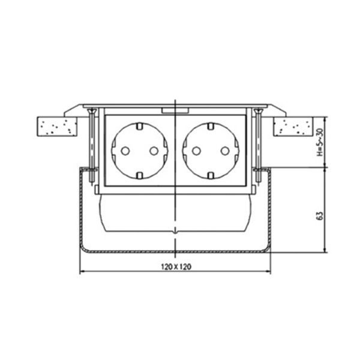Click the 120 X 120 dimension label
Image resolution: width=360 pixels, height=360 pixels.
(x=176, y=266)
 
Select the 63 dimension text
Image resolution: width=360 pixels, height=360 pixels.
(x=320, y=216)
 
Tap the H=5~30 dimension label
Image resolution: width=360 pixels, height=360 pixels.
(x=320, y=142)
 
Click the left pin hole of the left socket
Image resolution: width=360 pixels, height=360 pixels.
(x=125, y=151)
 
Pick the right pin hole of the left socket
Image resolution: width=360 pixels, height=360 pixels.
(x=154, y=151)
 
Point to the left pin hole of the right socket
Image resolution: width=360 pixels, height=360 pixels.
(x=196, y=151)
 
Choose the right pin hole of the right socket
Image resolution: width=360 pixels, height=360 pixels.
(x=225, y=151)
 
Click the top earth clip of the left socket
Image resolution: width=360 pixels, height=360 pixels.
(x=139, y=126)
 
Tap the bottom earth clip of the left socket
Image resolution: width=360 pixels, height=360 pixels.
(x=139, y=176)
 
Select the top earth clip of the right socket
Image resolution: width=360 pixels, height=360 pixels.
(x=211, y=126)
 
